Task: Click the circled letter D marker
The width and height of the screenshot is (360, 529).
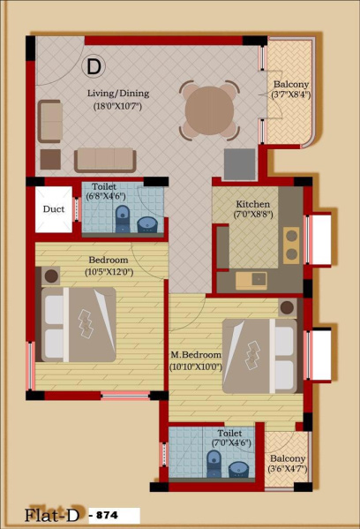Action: [x=94, y=66]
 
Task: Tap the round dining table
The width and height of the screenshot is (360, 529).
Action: [x=209, y=110]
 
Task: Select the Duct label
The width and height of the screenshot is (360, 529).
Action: [x=54, y=209]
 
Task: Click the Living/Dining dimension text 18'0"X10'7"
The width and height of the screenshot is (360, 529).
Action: [x=117, y=106]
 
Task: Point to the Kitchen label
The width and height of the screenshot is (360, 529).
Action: [x=253, y=204]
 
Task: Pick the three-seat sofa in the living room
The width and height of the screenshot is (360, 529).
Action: [x=105, y=160]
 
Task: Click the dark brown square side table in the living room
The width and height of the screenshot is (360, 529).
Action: [x=50, y=159]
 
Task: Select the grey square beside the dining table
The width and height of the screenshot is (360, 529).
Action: [x=240, y=164]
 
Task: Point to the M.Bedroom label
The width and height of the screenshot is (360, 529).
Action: [x=196, y=355]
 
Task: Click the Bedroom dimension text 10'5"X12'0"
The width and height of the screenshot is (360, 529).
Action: [x=109, y=272]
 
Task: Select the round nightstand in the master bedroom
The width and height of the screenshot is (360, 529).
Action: [x=287, y=307]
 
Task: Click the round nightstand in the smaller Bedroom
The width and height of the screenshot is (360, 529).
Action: [x=51, y=276]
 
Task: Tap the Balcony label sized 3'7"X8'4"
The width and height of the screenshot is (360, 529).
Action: [x=290, y=84]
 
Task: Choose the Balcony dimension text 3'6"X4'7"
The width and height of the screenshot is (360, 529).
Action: [x=288, y=469]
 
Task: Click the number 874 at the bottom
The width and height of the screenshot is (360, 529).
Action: [x=107, y=515]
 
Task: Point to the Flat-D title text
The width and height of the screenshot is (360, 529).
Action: [x=53, y=515]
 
